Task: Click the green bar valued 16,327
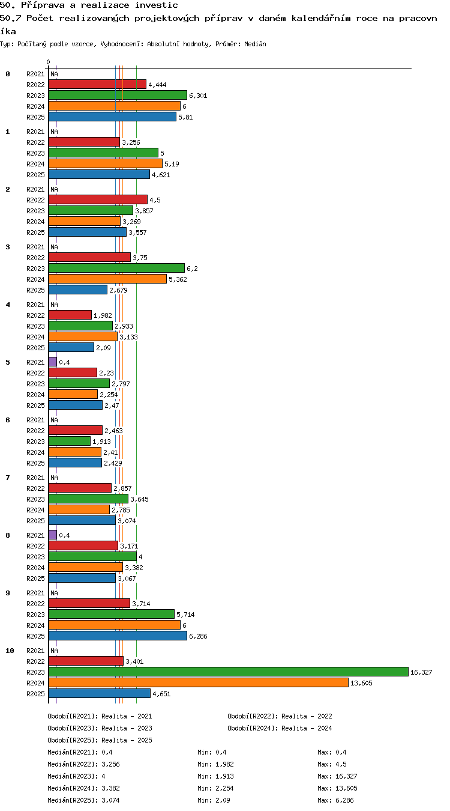(228, 672)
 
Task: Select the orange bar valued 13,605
(198, 682)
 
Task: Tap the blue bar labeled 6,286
(118, 636)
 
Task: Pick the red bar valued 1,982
(70, 315)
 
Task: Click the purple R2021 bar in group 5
(53, 362)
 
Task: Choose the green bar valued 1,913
(70, 441)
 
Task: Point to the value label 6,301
(198, 96)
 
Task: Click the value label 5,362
(178, 279)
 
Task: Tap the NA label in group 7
(54, 478)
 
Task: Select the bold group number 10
(10, 651)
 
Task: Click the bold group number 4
(8, 305)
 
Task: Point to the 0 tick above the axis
(48, 62)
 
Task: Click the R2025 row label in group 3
(35, 290)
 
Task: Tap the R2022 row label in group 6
(35, 431)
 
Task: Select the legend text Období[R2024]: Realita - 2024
(280, 728)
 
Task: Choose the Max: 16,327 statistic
(337, 776)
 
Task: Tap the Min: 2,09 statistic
(214, 800)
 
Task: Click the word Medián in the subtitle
(255, 44)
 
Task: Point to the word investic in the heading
(156, 5)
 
